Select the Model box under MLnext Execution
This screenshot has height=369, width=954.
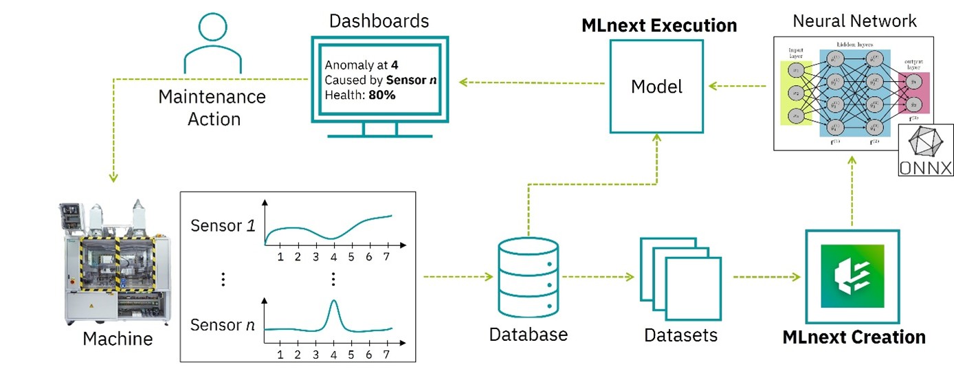tap(656, 87)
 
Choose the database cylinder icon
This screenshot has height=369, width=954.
tap(528, 276)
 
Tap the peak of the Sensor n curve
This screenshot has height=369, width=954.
tap(333, 302)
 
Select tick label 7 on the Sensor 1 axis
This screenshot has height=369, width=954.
tap(387, 256)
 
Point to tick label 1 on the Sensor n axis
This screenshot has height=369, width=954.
tap(280, 355)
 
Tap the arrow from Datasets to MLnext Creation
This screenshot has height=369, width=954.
tap(767, 277)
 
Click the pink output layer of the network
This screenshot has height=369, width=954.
tap(913, 93)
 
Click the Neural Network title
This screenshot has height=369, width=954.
tap(854, 21)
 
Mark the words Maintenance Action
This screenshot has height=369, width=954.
tap(212, 107)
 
